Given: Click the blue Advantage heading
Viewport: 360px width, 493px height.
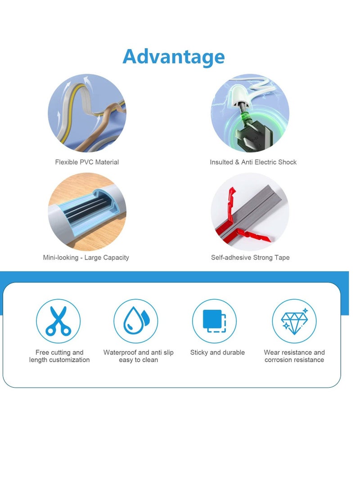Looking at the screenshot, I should click(x=173, y=57).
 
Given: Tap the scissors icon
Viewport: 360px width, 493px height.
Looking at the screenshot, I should click(x=58, y=321).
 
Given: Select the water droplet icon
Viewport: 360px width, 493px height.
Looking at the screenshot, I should click(x=135, y=321).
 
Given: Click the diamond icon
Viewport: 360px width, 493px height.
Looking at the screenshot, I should click(x=294, y=321).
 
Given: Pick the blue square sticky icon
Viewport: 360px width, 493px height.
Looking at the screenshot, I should click(x=214, y=321).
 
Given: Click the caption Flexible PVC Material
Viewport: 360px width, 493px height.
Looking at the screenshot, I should click(x=87, y=162).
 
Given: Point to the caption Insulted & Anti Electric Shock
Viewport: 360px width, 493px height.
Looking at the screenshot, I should click(x=253, y=162).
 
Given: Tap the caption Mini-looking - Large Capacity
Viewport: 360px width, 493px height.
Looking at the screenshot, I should click(x=86, y=257).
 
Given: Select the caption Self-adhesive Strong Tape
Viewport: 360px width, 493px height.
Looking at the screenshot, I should click(x=250, y=257).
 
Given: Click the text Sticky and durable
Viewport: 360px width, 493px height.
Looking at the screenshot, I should click(x=217, y=352).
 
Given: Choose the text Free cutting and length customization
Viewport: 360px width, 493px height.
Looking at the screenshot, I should click(x=59, y=356).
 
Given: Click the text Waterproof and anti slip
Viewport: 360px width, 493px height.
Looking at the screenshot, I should click(x=138, y=352).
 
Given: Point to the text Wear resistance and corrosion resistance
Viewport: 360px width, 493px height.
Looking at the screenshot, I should click(x=294, y=356).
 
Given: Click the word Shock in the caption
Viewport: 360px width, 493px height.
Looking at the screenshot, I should click(x=287, y=162).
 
